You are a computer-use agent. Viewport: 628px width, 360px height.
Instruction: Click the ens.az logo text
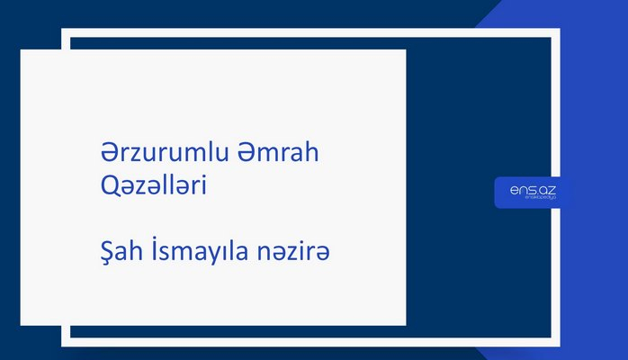tap(532, 189)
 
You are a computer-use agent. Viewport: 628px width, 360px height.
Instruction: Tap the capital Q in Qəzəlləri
tap(109, 184)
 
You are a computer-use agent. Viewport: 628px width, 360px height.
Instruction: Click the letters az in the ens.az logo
tap(548, 189)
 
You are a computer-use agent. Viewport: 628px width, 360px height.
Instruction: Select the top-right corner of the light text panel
tap(405, 50)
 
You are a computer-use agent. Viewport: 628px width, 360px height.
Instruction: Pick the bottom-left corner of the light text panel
tap(22, 324)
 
